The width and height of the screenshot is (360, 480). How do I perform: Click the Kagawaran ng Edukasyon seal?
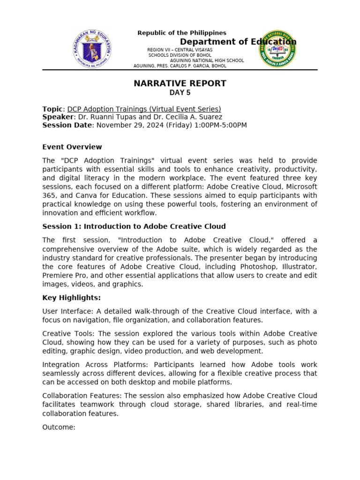(92, 50)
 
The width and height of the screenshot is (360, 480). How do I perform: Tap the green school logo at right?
(277, 50)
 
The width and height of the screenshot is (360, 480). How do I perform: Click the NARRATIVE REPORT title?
(180, 83)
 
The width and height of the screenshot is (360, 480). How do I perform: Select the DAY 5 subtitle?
(180, 93)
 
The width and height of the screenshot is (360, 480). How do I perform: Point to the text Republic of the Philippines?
(182, 33)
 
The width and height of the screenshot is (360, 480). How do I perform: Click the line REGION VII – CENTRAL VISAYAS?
(180, 50)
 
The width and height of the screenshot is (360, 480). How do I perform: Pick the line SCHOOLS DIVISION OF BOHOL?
(180, 55)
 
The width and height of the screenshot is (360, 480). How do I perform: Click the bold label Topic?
(52, 109)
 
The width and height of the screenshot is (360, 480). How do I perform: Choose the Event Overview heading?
(72, 147)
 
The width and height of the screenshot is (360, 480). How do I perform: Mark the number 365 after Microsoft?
(49, 195)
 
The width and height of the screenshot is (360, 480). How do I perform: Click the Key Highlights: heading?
(71, 298)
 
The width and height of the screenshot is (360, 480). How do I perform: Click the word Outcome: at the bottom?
(59, 427)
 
